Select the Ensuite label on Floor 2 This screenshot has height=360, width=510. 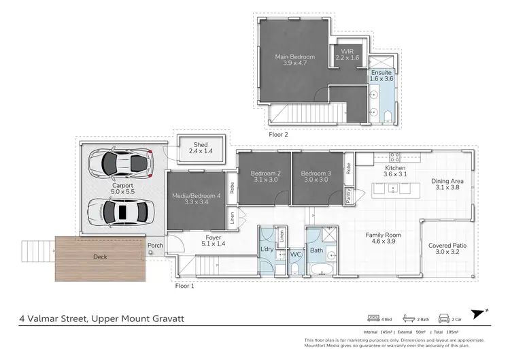381,74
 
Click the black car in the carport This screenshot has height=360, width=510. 120,212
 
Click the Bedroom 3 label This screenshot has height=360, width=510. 315,173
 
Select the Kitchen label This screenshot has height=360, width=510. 395,168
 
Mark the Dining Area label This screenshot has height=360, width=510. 447,181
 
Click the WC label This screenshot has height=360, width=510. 296,254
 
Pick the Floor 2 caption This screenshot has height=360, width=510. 279,135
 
